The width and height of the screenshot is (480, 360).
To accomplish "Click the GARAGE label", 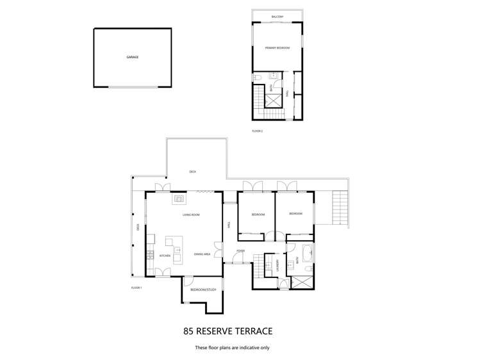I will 133,57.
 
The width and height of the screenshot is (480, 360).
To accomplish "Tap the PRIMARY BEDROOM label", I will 277,48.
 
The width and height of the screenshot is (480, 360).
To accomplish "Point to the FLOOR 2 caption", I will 257,131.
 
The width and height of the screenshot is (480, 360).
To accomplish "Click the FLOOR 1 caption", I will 136,288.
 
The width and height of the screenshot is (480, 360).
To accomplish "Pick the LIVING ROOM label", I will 191,215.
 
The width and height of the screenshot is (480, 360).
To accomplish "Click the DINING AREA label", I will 203,254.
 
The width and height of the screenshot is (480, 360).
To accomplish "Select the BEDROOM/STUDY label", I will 203,290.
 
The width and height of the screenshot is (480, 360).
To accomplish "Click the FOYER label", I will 240,250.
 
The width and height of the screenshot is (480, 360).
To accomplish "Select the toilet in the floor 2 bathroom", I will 256,78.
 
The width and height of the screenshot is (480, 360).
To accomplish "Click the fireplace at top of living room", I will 178,199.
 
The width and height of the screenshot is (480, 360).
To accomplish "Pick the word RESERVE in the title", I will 223,331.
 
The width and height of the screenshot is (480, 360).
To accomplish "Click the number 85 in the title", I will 190,331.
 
